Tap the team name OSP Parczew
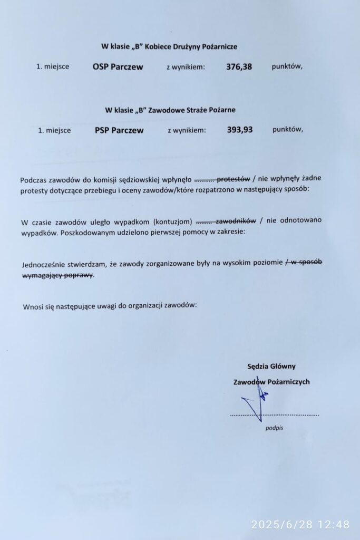click(118, 67)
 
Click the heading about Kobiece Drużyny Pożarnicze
click(169, 46)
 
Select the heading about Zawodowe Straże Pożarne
click(170, 110)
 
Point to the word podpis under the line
click(274, 428)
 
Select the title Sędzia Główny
click(271, 366)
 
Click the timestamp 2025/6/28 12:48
click(300, 524)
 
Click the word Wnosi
click(32, 306)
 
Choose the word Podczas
click(35, 179)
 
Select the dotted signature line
click(274, 416)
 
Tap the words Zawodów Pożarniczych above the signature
click(271, 381)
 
